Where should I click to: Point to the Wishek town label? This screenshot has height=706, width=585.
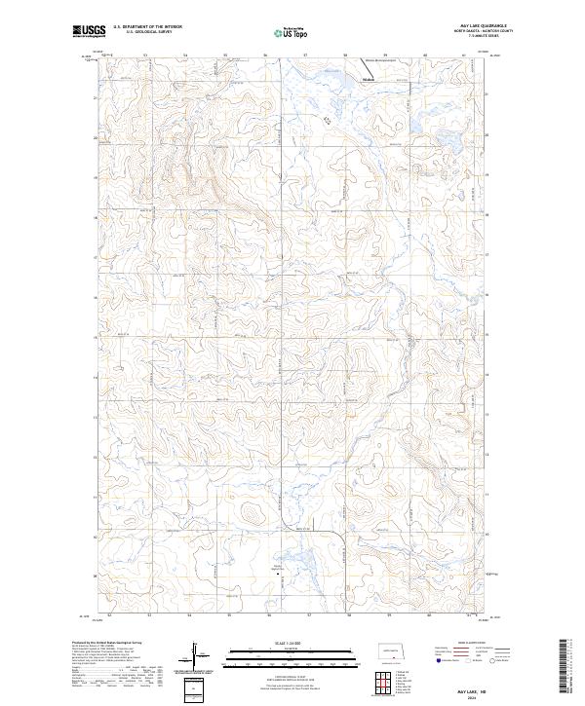[x=368, y=79]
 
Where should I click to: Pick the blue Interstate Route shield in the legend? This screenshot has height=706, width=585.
[x=438, y=661]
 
